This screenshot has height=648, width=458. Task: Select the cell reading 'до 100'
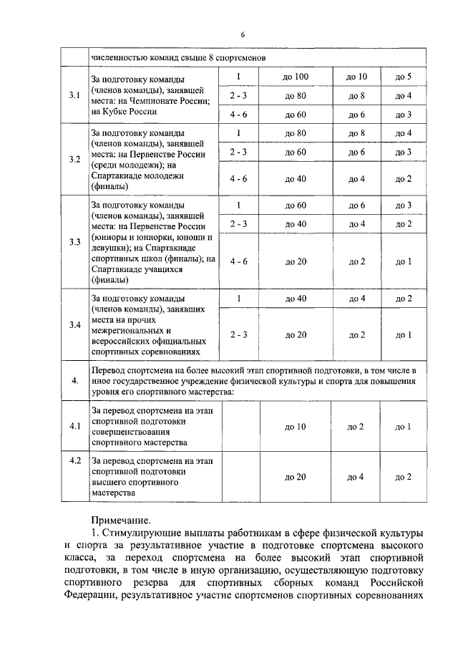pos(296,77)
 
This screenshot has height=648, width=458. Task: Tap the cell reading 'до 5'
pos(404,77)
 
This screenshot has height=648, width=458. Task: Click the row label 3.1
pos(74,95)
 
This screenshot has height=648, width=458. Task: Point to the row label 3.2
pos(74,159)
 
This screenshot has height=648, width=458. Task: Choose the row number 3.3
pos(74,241)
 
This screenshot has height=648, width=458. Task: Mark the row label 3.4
pos(74,325)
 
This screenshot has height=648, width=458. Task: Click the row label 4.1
pos(74,427)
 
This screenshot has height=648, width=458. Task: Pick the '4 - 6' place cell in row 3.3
pos(238,261)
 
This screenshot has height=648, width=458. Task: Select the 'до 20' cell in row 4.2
pos(296,477)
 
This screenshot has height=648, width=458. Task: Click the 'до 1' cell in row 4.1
pos(404,427)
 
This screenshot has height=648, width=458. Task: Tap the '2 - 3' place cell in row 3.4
pos(238,334)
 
